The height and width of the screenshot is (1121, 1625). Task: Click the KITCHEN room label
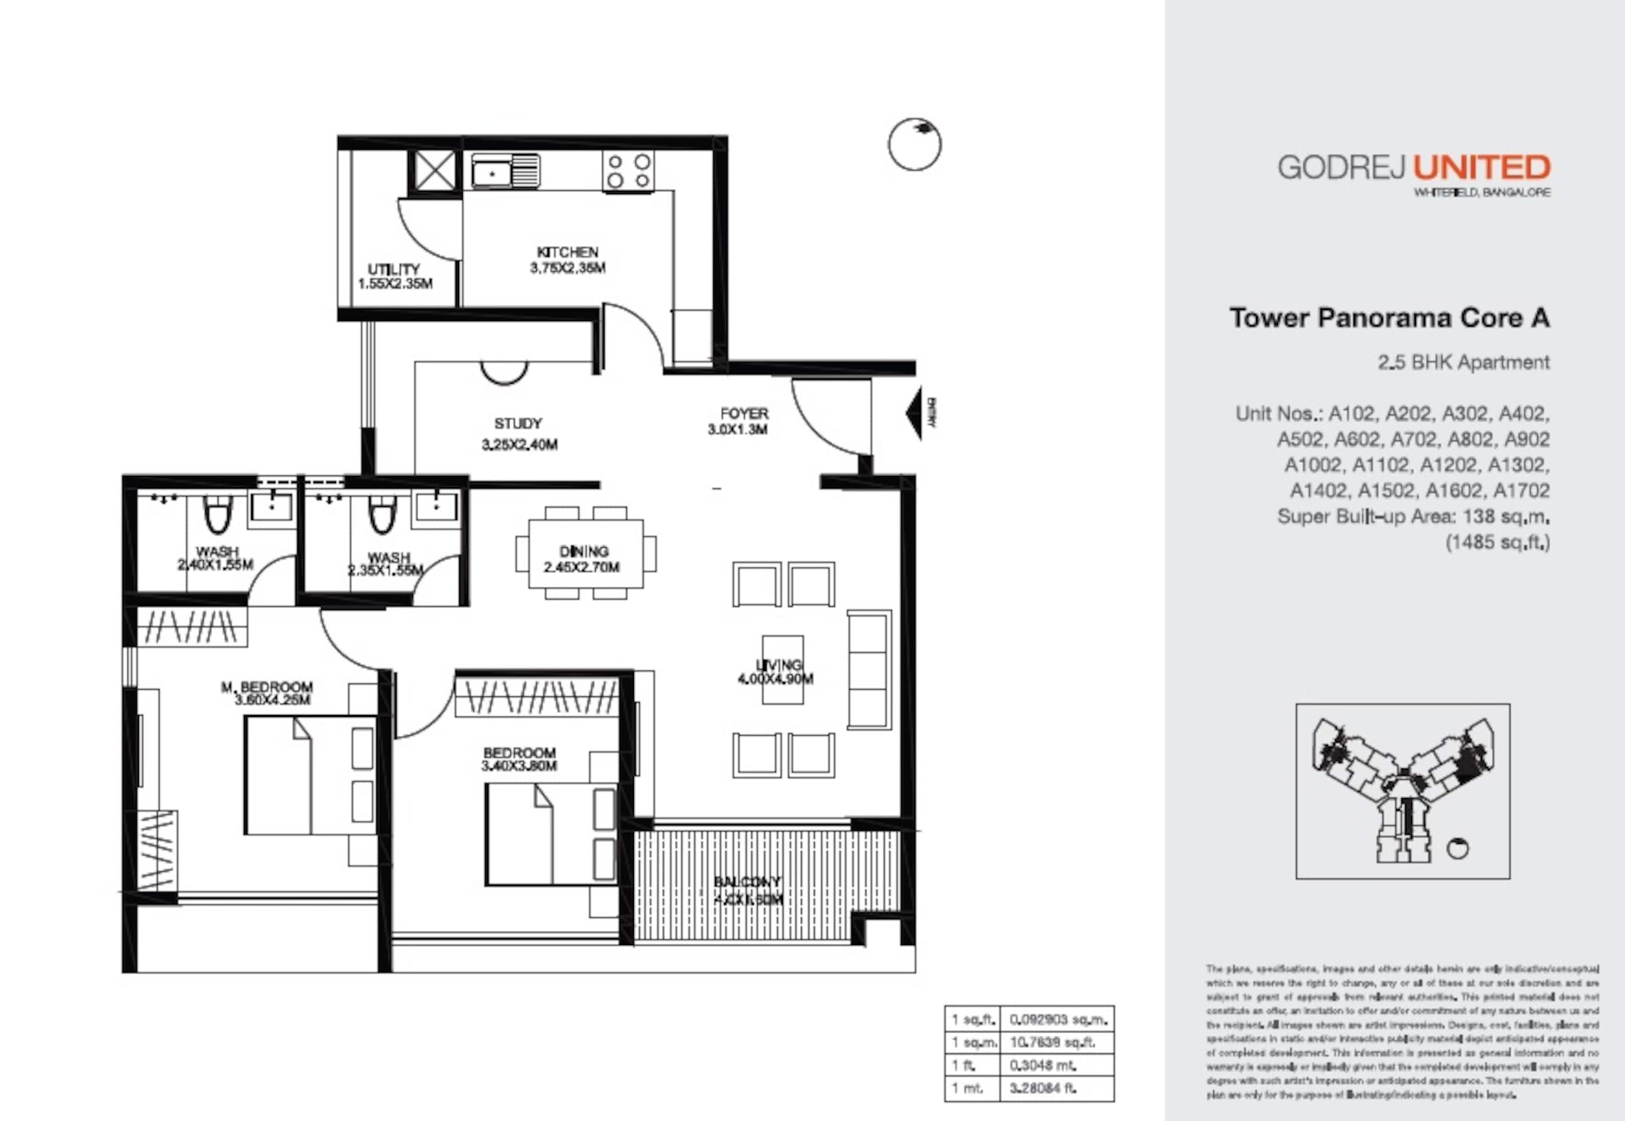point(568,252)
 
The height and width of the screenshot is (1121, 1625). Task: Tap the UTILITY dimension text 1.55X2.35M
point(395,284)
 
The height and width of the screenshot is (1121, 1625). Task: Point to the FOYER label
point(744,414)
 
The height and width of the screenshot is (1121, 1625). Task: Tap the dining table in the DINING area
point(585,554)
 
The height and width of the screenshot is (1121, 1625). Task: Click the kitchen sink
point(505,171)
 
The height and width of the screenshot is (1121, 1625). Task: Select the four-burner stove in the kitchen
point(628,171)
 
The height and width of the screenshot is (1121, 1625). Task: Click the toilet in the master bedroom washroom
point(217,516)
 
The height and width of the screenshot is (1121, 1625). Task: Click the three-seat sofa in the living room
point(869,669)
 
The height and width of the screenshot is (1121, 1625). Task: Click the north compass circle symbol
point(914,145)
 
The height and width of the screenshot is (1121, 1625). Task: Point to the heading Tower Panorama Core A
point(1389,318)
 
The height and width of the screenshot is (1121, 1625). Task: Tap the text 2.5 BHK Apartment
point(1463,362)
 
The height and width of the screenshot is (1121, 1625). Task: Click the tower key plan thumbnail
point(1402,791)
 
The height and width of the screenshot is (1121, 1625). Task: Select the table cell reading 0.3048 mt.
point(1043,1066)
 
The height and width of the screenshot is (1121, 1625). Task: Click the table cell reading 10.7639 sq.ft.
point(1051,1042)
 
